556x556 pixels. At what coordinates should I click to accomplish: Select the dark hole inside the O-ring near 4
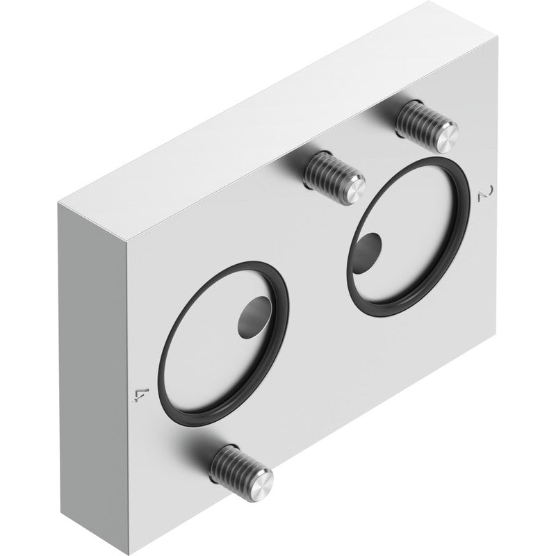click(x=252, y=317)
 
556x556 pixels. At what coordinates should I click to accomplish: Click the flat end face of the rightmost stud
click(x=447, y=137)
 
